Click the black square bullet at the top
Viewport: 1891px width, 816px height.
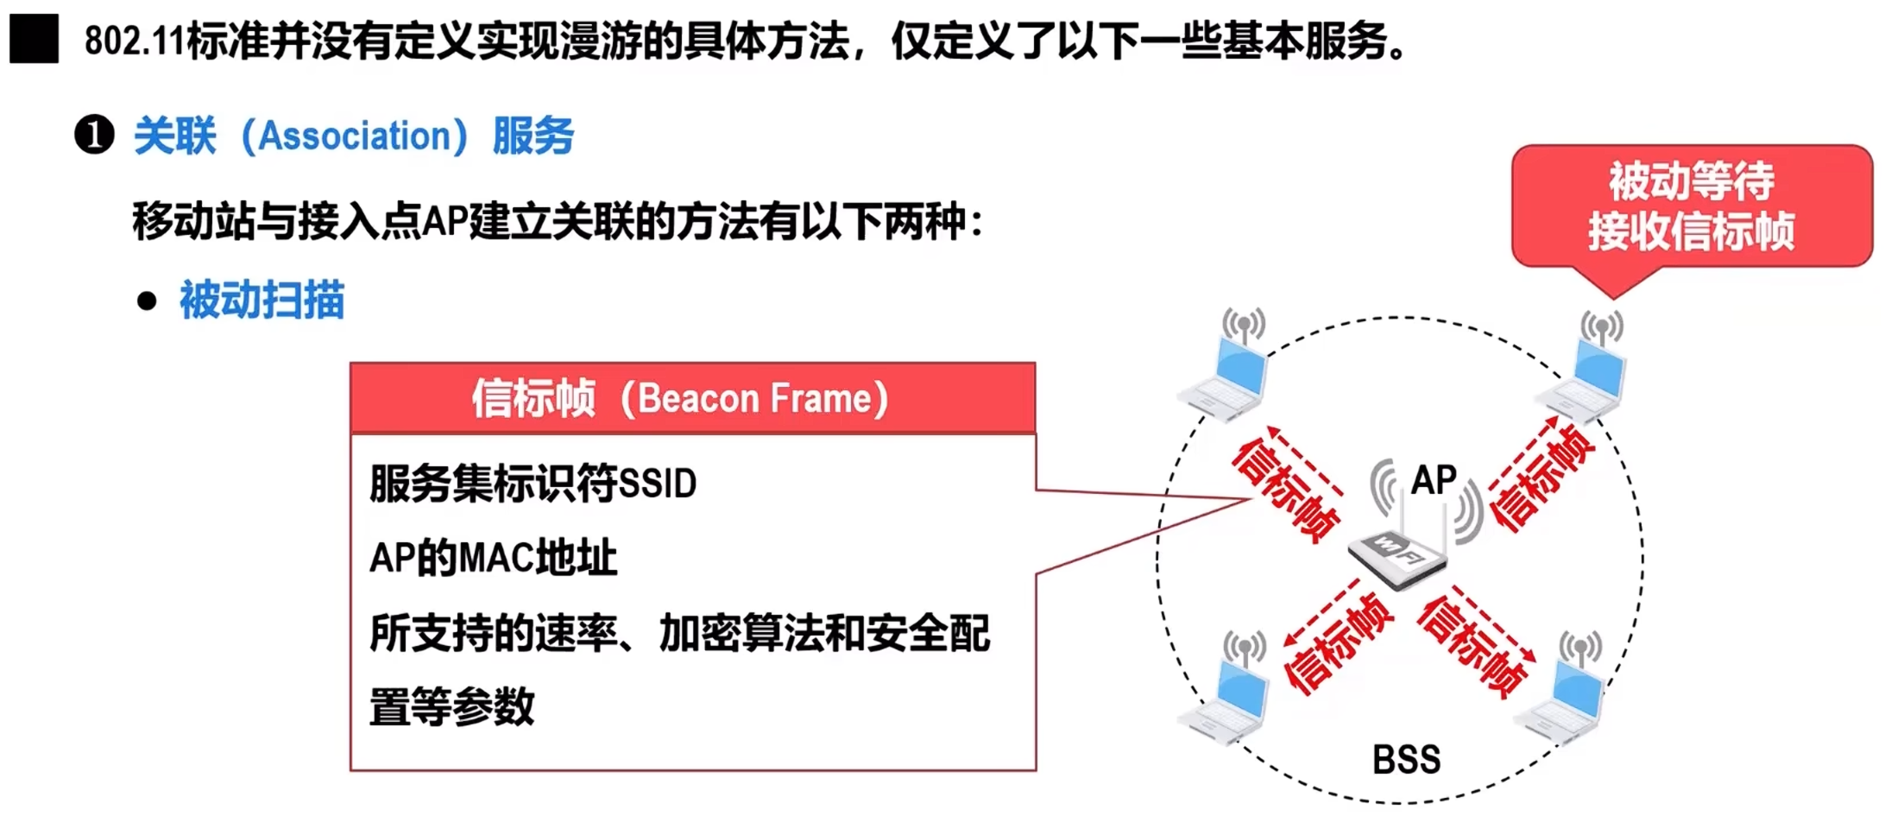pyautogui.click(x=34, y=39)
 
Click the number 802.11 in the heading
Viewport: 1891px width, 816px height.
pyautogui.click(x=134, y=41)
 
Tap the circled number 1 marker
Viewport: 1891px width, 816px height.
pyautogui.click(x=94, y=136)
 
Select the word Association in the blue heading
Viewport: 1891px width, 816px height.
pyautogui.click(x=354, y=136)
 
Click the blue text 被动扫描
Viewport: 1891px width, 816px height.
pyautogui.click(x=262, y=300)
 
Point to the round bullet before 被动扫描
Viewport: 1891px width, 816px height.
pyautogui.click(x=147, y=300)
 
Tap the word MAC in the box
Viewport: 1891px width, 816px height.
pyautogui.click(x=495, y=558)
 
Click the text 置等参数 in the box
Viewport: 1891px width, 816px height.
pyautogui.click(x=451, y=707)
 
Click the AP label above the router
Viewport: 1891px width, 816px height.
pyautogui.click(x=1434, y=480)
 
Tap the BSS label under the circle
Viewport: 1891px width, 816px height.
pyautogui.click(x=1406, y=760)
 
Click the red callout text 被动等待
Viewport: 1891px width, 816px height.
pyautogui.click(x=1691, y=180)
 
